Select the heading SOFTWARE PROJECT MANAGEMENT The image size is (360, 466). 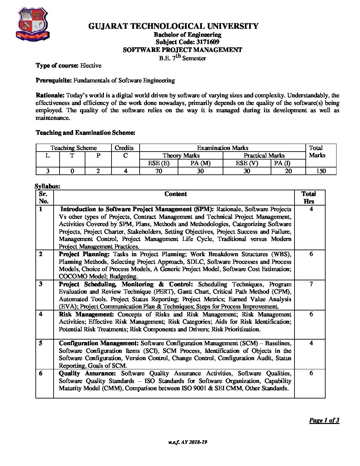pyautogui.click(x=182, y=50)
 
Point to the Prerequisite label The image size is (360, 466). pyautogui.click(x=54, y=80)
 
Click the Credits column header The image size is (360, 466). pyautogui.click(x=124, y=148)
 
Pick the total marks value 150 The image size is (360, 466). pyautogui.click(x=321, y=171)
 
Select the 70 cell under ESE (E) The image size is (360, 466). pyautogui.click(x=158, y=171)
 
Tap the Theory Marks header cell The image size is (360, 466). pyautogui.click(x=181, y=155)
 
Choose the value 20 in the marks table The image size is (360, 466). pyautogui.click(x=288, y=171)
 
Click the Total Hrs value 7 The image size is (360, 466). pyautogui.click(x=311, y=284)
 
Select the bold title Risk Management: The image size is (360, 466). pyautogui.click(x=86, y=314)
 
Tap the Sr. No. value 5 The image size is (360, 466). pyautogui.click(x=40, y=343)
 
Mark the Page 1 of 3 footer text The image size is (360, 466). pyautogui.click(x=324, y=421)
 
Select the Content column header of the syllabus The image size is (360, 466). pyautogui.click(x=175, y=194)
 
